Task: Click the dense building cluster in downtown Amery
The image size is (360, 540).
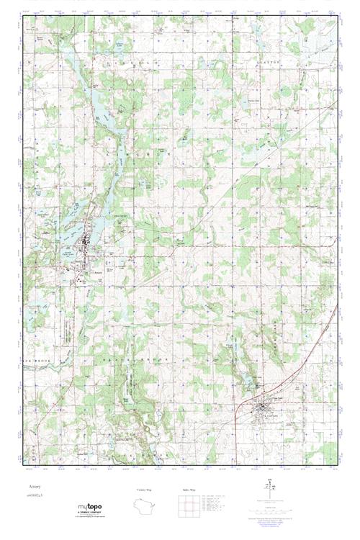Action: (x=86, y=248)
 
